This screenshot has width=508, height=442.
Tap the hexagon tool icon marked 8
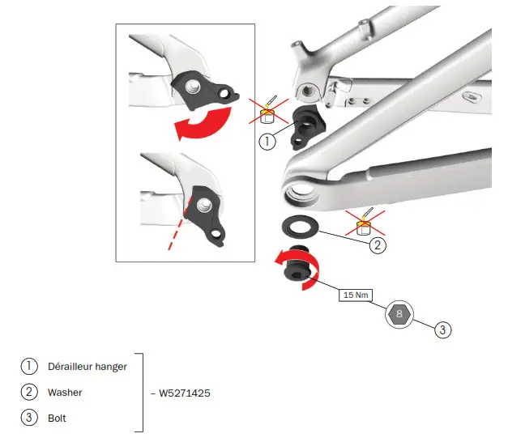(x=398, y=314)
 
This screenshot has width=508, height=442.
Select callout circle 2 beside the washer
(x=377, y=244)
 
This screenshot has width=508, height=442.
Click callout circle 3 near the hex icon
(x=442, y=329)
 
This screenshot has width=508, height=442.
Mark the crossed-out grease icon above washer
(x=365, y=220)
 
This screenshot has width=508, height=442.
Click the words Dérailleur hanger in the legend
(x=88, y=366)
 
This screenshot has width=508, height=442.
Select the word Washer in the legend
(x=65, y=392)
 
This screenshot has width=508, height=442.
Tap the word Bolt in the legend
(x=57, y=418)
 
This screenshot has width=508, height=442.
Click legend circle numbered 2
(x=28, y=392)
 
